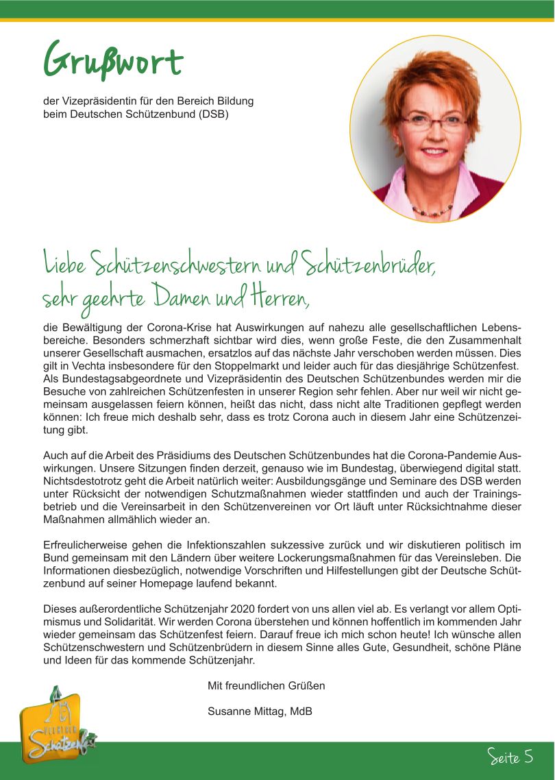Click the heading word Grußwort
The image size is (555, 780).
pos(113,60)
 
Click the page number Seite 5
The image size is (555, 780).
pos(510,757)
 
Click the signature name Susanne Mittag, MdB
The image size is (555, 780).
pos(260,711)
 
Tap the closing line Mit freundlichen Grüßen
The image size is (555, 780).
pos(266,685)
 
